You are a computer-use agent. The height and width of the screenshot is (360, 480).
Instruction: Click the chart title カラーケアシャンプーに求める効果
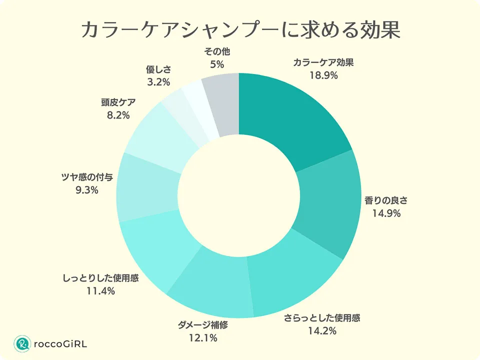[240, 30]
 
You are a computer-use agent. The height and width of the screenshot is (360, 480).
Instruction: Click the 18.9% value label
[323, 76]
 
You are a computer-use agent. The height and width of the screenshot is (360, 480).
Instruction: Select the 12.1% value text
[202, 338]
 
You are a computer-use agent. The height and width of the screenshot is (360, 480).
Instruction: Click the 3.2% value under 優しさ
[159, 81]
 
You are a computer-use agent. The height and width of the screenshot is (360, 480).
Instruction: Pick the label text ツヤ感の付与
[84, 177]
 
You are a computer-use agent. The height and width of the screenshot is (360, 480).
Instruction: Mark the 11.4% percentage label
[100, 290]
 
